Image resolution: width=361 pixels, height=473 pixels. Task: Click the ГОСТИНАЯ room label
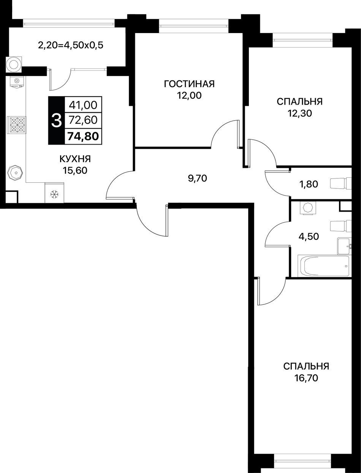(189, 84)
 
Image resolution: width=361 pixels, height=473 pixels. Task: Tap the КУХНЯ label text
(75, 159)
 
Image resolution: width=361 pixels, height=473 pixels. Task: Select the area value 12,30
(300, 113)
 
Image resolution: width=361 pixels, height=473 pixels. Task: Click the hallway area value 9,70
(198, 178)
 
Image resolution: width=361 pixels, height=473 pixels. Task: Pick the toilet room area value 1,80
(309, 184)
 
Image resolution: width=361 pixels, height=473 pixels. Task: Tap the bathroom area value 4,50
(309, 236)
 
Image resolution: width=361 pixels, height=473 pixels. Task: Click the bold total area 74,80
(83, 136)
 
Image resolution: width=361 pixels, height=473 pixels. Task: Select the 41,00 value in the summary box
(83, 105)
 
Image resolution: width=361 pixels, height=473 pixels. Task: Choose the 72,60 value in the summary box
(83, 120)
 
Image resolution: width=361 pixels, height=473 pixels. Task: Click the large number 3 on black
(57, 121)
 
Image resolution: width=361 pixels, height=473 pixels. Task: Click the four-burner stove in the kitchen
(16, 124)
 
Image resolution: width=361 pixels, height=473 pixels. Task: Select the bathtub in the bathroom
(324, 266)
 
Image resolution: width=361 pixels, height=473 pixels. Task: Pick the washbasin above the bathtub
(344, 246)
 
